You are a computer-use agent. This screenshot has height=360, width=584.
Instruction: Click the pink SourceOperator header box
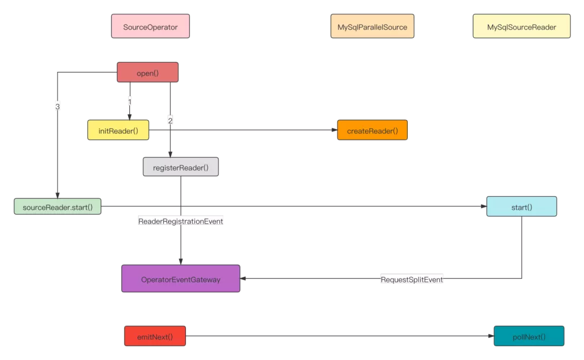(150, 26)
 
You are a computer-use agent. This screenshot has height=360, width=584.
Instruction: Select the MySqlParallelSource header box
(372, 26)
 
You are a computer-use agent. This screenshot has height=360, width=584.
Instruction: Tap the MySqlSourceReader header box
(521, 26)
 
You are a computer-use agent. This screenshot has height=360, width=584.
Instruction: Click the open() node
(148, 73)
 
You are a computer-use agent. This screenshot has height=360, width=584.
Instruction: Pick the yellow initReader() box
(118, 130)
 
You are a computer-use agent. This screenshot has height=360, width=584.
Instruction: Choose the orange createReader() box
(372, 130)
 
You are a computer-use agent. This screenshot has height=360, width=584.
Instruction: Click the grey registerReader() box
(181, 167)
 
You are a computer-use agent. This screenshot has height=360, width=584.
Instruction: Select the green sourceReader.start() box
(57, 206)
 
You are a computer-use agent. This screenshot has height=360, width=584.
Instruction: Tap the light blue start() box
(521, 206)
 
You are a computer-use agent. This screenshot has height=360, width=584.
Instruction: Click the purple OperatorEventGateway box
(181, 279)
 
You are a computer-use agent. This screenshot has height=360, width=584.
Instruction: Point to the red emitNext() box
(155, 336)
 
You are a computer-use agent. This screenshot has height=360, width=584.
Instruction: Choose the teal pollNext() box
(529, 336)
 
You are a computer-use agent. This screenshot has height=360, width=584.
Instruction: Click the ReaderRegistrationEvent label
(181, 221)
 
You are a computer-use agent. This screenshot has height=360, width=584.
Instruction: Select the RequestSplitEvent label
(412, 279)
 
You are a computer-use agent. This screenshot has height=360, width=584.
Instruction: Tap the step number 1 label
(130, 101)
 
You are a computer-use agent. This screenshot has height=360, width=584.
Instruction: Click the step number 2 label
(170, 121)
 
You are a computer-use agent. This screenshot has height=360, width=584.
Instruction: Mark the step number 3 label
(57, 106)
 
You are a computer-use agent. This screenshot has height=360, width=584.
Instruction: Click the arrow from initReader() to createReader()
(243, 130)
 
